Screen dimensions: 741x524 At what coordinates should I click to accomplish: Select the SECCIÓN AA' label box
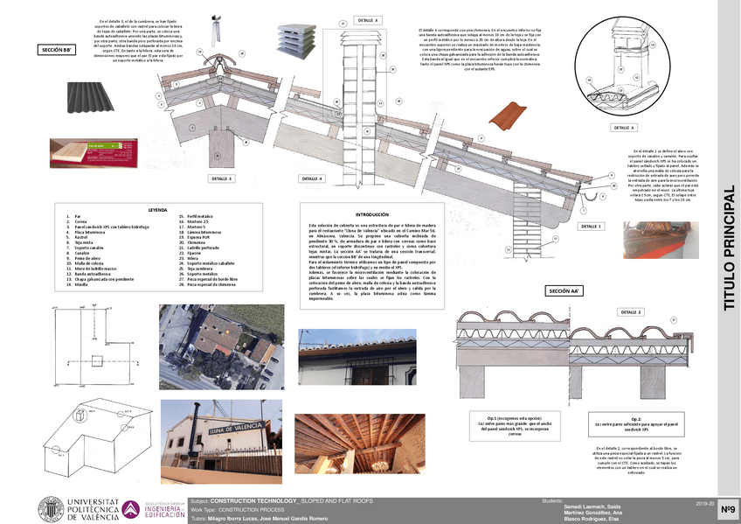pyautogui.click(x=564, y=290)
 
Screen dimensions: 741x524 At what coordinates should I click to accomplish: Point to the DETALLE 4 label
pyautogui.click(x=312, y=178)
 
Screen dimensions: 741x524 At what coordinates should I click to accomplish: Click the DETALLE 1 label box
pyautogui.click(x=591, y=226)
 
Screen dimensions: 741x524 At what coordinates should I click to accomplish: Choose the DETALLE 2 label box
pyautogui.click(x=631, y=312)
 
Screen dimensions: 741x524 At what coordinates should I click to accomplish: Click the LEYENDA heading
pyautogui.click(x=157, y=209)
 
